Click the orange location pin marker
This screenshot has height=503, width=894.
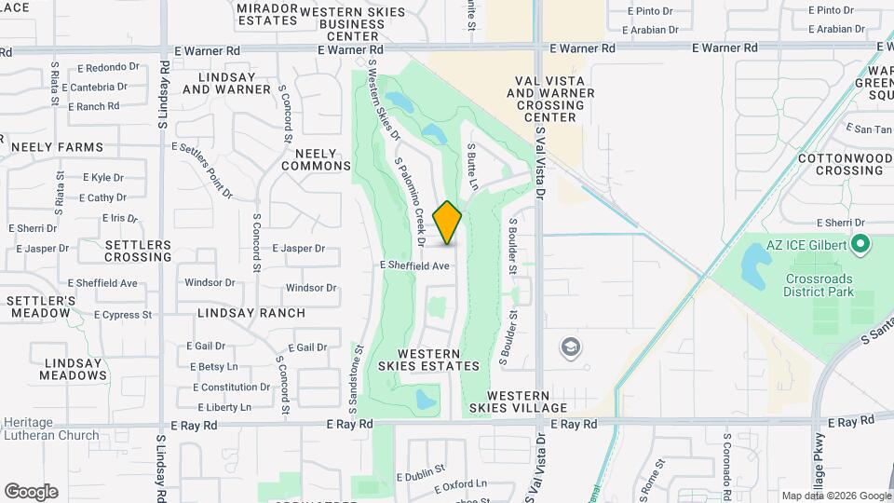448,223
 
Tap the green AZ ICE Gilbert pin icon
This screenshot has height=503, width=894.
860,245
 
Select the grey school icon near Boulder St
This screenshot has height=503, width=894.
569,348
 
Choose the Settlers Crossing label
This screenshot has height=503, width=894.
138,251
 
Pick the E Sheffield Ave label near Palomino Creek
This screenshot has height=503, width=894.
415,265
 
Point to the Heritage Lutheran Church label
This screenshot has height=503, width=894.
50,428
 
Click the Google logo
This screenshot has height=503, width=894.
30,492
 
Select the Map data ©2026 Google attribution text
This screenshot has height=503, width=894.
835,496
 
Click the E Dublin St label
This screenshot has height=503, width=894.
420,475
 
